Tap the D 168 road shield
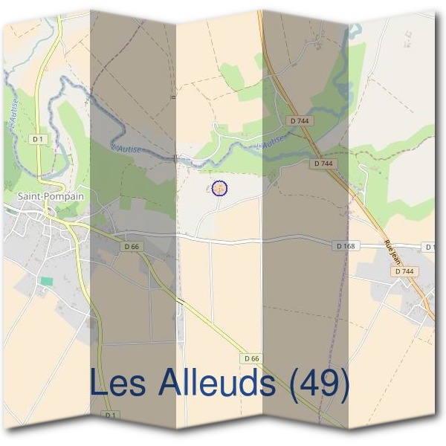(346, 246)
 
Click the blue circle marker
(219, 188)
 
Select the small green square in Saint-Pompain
(47, 282)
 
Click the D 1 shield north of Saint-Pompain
(37, 139)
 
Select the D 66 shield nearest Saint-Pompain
(132, 246)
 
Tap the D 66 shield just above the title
(251, 358)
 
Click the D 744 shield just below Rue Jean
(404, 271)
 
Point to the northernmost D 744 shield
(300, 120)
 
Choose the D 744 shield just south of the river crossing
(324, 163)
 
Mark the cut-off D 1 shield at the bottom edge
(109, 415)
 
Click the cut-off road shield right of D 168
(430, 246)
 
